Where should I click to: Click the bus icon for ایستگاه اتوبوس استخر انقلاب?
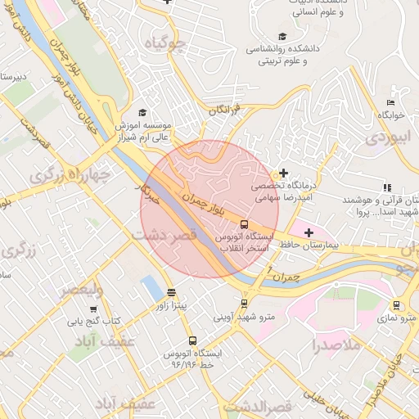(245, 223)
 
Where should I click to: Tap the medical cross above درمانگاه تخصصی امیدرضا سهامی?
(283, 173)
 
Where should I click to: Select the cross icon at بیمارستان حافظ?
(309, 233)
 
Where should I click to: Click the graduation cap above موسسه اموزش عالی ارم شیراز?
(142, 113)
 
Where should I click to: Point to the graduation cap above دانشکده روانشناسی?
(282, 36)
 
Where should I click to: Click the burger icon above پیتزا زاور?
(171, 292)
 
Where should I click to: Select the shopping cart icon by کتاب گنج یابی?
(93, 309)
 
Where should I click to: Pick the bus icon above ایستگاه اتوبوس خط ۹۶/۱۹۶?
(192, 340)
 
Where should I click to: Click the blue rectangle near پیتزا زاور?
(151, 287)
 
